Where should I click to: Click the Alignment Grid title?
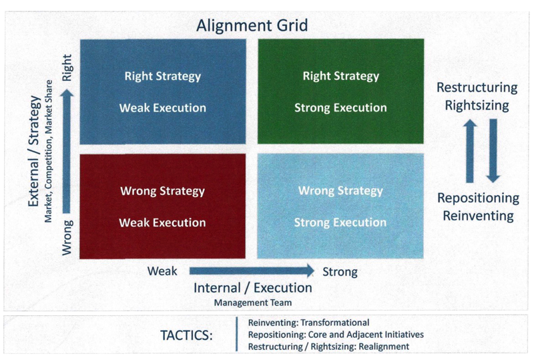[252, 25]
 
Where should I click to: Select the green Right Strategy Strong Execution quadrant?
[341, 91]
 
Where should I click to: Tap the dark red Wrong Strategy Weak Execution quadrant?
[162, 206]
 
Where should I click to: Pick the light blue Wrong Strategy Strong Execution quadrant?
[340, 206]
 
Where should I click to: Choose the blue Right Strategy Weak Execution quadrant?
[163, 92]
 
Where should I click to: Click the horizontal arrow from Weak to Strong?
[252, 271]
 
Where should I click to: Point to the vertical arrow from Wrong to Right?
[67, 152]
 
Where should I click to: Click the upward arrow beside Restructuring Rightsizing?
[470, 151]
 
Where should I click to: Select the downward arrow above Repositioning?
[493, 151]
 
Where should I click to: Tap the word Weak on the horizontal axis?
[162, 271]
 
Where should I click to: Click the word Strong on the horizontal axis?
[340, 272]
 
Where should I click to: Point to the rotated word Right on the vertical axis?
[67, 67]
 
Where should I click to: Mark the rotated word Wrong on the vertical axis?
[67, 238]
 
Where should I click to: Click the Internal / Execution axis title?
[253, 288]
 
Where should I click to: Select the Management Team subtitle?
[253, 303]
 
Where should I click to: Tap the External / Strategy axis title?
[35, 151]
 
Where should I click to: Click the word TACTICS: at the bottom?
[186, 335]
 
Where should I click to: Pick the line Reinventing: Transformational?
[308, 323]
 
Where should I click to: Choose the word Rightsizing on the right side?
[477, 106]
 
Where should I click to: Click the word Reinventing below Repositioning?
[478, 216]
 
